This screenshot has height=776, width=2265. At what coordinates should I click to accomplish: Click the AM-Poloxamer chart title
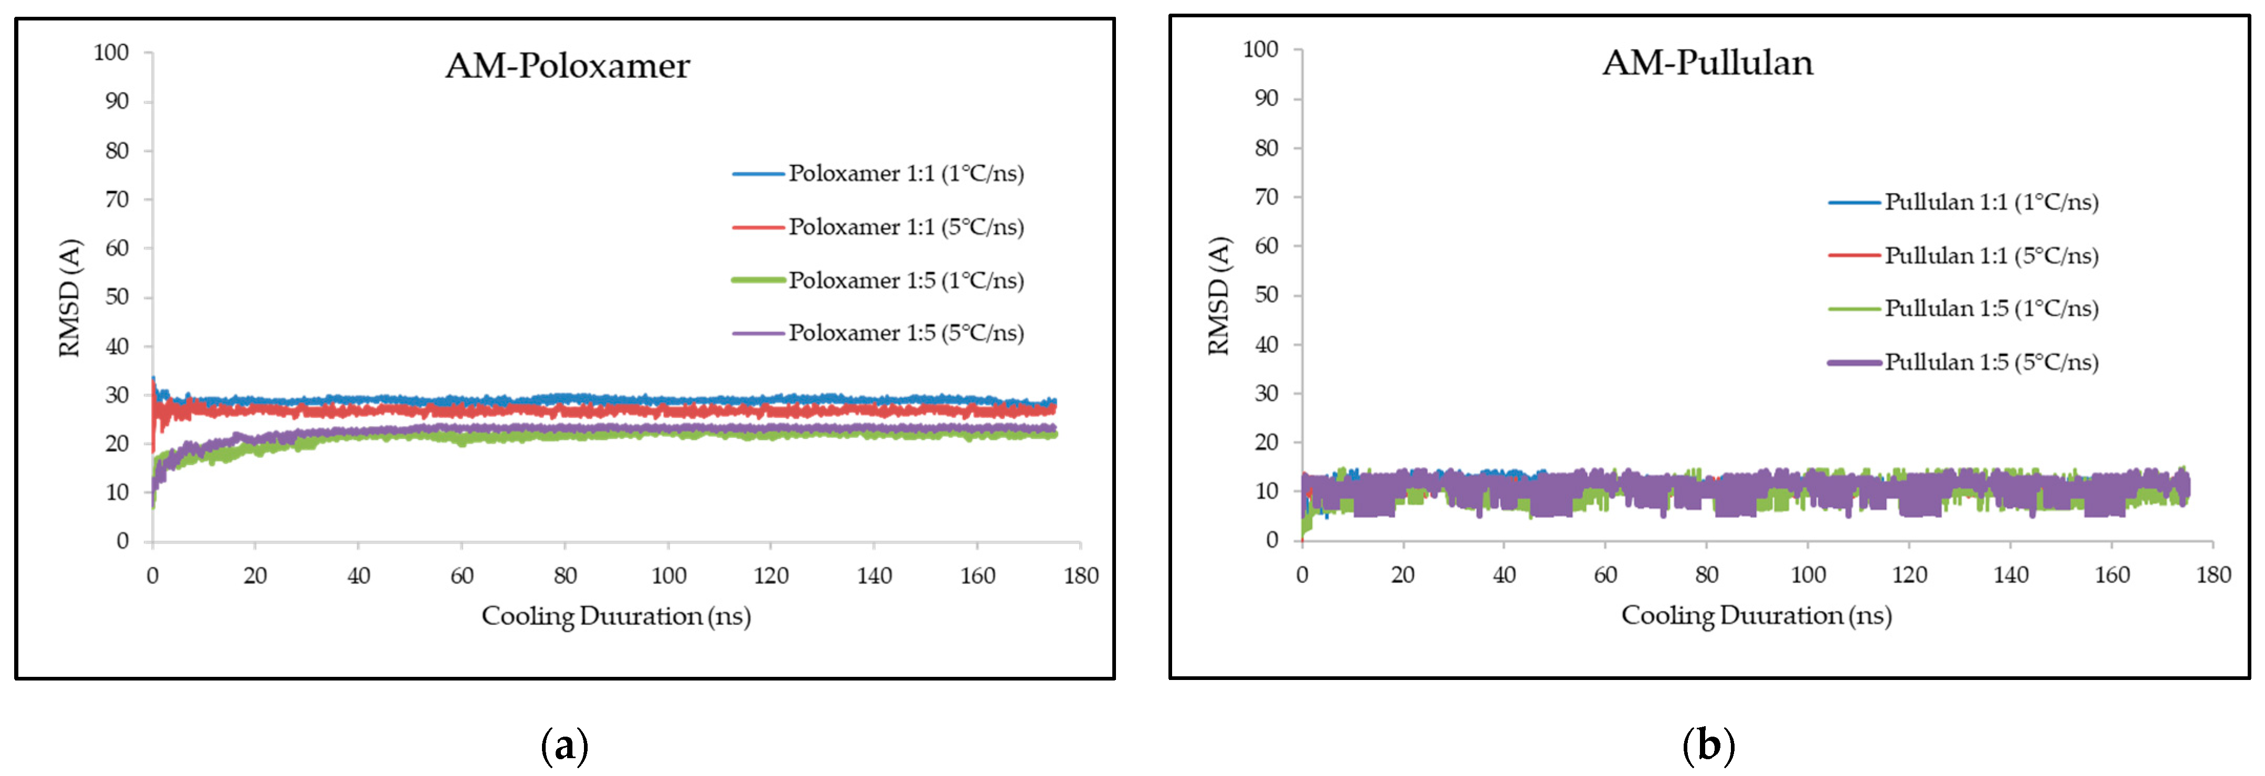coord(567,66)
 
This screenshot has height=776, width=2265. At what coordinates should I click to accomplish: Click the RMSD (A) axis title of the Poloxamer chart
coord(69,298)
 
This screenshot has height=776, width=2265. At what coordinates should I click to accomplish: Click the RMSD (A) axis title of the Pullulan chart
coord(1219,295)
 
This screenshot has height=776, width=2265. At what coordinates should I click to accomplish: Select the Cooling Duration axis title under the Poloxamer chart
coord(615,616)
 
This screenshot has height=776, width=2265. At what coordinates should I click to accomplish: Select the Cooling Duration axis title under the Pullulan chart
coord(1756,615)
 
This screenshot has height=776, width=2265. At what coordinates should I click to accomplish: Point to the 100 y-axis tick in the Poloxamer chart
coord(112,52)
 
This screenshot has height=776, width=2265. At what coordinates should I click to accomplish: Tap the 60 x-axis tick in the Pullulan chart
coord(1605,575)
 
